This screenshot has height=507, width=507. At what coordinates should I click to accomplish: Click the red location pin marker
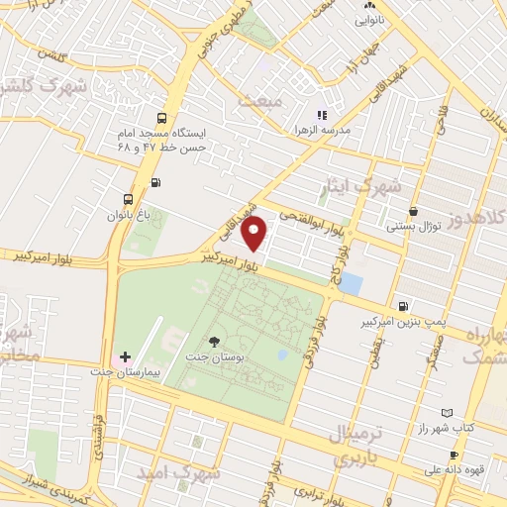[x=255, y=234]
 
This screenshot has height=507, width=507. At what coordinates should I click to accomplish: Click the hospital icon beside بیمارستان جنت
[x=126, y=356]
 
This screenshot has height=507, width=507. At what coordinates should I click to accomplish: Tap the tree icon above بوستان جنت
[x=215, y=340]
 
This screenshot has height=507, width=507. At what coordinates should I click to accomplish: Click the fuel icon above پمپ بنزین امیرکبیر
[x=402, y=307]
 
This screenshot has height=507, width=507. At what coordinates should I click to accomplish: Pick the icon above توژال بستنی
[x=412, y=211]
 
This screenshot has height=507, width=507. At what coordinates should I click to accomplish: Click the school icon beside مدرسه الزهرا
[x=321, y=117]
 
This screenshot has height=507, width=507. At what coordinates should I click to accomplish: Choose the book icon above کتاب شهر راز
[x=446, y=413]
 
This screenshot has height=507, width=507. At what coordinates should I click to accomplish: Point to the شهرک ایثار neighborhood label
[x=378, y=185]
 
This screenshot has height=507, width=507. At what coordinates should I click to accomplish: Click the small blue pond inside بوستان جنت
[x=283, y=355]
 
